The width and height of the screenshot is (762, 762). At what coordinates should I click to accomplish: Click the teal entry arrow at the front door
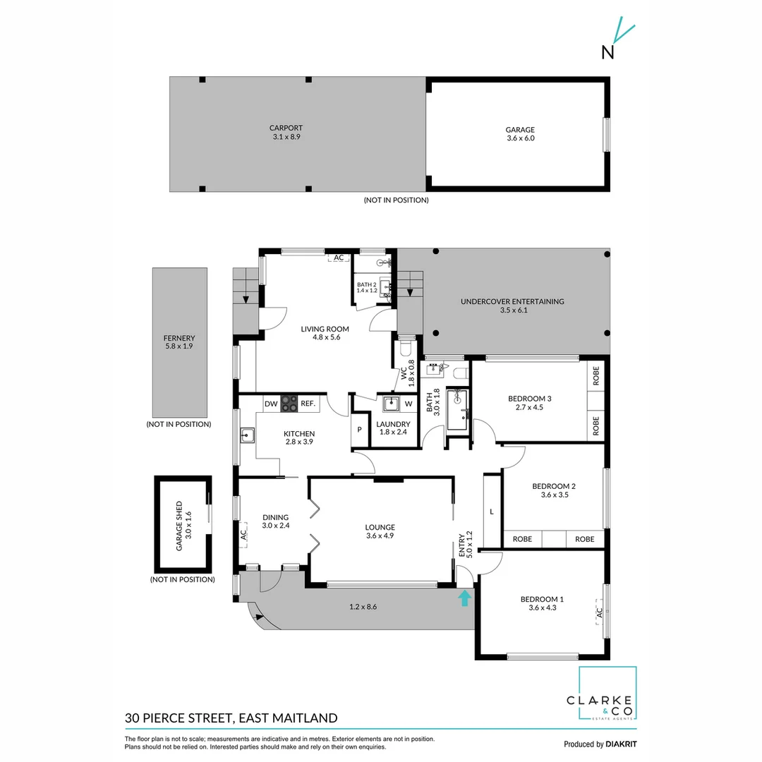tap(464, 598)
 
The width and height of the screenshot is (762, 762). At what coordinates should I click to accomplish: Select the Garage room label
tap(519, 130)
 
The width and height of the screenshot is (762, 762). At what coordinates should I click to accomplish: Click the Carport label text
tap(286, 128)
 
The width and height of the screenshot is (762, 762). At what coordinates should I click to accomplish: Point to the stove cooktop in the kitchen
tap(289, 404)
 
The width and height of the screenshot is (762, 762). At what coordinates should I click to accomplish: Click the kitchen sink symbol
tap(247, 435)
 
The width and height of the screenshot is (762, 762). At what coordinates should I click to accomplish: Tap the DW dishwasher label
tap(271, 404)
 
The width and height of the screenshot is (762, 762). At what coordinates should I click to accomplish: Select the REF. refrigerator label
tap(308, 404)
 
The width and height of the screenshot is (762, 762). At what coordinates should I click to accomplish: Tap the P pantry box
tap(359, 429)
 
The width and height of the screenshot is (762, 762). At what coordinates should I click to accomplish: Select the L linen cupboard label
tap(492, 510)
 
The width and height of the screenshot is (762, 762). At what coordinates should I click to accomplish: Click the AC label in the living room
tap(339, 258)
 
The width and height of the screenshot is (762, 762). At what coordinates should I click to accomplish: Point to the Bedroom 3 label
tap(529, 399)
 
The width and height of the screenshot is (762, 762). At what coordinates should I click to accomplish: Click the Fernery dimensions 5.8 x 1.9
tap(179, 347)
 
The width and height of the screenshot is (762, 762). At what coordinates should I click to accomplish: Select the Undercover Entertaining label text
tap(512, 301)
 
